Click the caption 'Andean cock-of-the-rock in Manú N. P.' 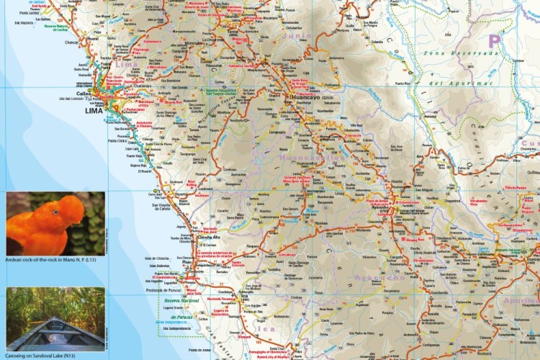(55, 260)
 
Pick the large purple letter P (494, 41)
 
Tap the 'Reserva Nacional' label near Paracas (180, 300)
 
